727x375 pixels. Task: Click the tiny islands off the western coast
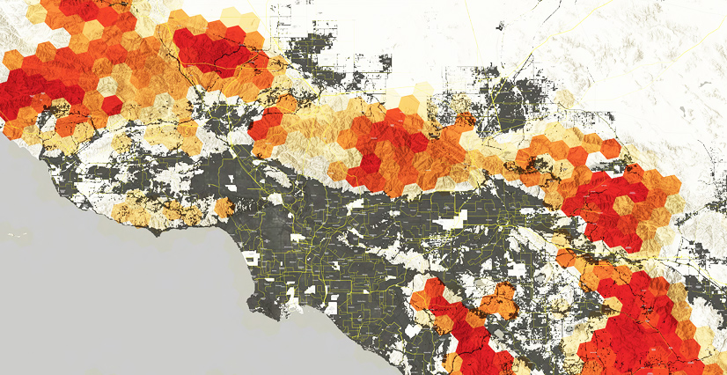pos(19,236)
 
